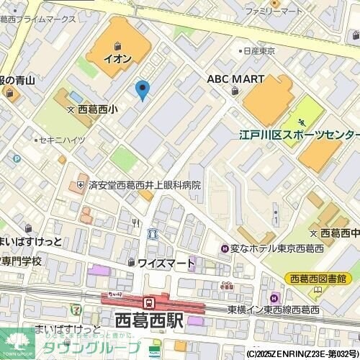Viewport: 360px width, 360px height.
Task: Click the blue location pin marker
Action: pyautogui.click(x=143, y=89)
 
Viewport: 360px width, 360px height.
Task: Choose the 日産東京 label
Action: pyautogui.click(x=259, y=51)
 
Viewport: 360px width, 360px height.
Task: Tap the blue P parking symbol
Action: pyautogui.click(x=16, y=158)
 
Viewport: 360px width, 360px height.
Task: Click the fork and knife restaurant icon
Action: pyautogui.click(x=135, y=222)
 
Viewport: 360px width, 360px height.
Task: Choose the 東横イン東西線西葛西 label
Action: pyautogui.click(x=274, y=310)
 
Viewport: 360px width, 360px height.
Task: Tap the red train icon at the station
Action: pyautogui.click(x=149, y=303)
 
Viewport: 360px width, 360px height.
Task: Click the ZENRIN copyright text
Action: pyautogui.click(x=302, y=354)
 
